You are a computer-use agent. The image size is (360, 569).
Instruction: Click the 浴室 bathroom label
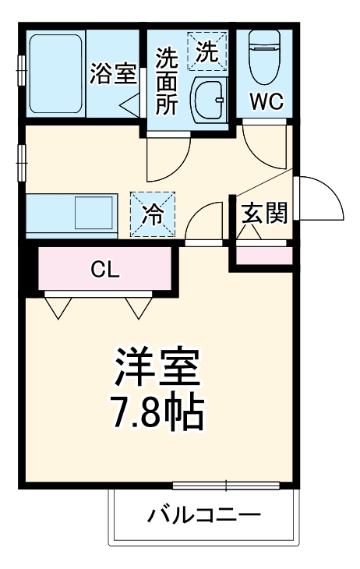pos(113,74)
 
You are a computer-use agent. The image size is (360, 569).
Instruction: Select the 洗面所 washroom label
pos(165,81)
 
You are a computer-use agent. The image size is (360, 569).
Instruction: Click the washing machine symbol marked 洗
pos(206,51)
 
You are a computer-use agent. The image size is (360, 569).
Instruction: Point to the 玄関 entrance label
pos(264,212)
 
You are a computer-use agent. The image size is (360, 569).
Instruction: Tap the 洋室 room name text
pos(158,365)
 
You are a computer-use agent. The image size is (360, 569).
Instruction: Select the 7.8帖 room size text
pos(158,412)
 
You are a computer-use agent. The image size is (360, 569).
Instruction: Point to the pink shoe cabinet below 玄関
pos(264,255)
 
